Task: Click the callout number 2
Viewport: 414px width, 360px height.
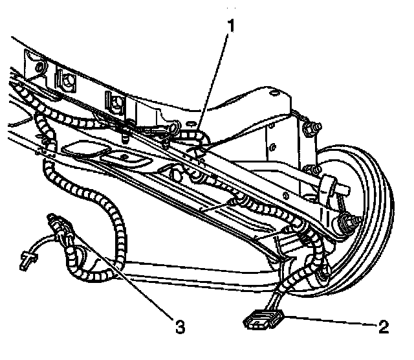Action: point(384,325)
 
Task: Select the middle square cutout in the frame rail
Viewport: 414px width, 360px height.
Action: point(67,81)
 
